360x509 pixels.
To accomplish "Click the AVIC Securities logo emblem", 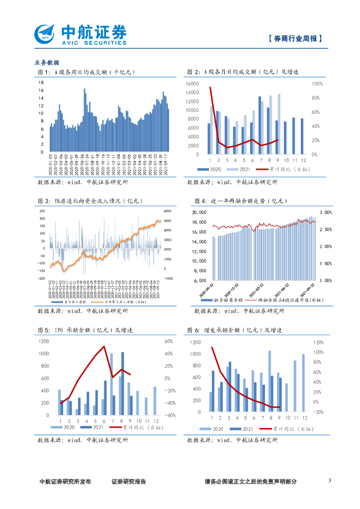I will pyautogui.click(x=46, y=34).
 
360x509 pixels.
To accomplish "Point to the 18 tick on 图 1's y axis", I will pyautogui.click(x=41, y=83).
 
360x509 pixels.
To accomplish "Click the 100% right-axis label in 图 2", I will pyautogui.click(x=317, y=84).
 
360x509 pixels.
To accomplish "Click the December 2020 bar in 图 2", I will pyautogui.click(x=302, y=136).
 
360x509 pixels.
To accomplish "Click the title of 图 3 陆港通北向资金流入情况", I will pyautogui.click(x=90, y=201).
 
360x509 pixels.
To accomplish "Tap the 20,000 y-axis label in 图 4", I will pyautogui.click(x=199, y=212).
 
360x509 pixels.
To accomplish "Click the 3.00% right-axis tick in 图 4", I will pyautogui.click(x=325, y=212).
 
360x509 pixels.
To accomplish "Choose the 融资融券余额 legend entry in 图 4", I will pyautogui.click(x=225, y=301).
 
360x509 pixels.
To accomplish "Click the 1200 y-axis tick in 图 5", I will pyautogui.click(x=44, y=341).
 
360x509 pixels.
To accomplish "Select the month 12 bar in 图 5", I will pyautogui.click(x=155, y=401).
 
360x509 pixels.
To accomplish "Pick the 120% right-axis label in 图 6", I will pyautogui.click(x=318, y=342).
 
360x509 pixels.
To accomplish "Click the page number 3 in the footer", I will pyautogui.click(x=330, y=480).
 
